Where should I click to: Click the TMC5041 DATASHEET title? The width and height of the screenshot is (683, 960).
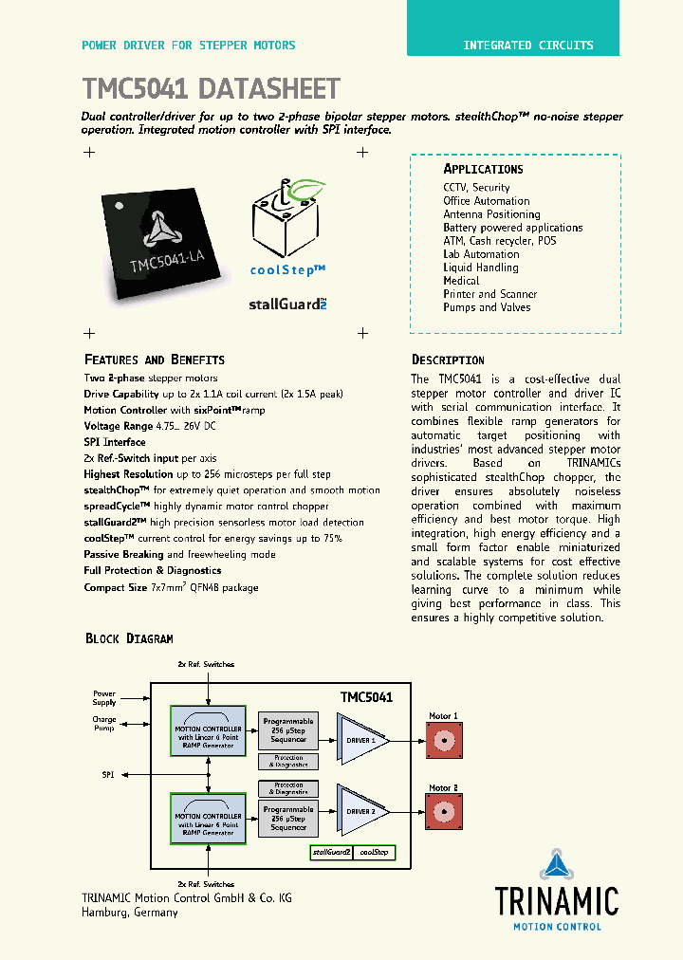[211, 89]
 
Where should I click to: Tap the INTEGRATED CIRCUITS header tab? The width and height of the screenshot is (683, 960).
[528, 45]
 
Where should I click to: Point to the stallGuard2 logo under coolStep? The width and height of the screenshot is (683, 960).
[287, 305]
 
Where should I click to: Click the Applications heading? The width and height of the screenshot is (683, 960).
[483, 169]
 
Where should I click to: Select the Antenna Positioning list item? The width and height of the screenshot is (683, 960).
[491, 214]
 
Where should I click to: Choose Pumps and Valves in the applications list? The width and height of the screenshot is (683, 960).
[487, 307]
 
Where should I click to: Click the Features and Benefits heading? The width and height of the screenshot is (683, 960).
[155, 360]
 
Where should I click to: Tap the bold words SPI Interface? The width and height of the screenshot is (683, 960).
[115, 442]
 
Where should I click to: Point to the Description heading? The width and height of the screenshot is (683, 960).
[448, 360]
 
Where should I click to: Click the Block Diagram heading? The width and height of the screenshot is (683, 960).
[129, 638]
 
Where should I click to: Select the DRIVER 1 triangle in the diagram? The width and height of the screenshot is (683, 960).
[360, 740]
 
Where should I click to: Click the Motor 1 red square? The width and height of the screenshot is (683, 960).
[443, 740]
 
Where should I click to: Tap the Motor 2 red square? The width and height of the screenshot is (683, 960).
[443, 812]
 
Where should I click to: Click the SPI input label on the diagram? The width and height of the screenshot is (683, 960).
[107, 775]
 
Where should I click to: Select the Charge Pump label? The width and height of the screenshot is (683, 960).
[104, 723]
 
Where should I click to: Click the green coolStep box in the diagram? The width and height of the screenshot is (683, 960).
[374, 853]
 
